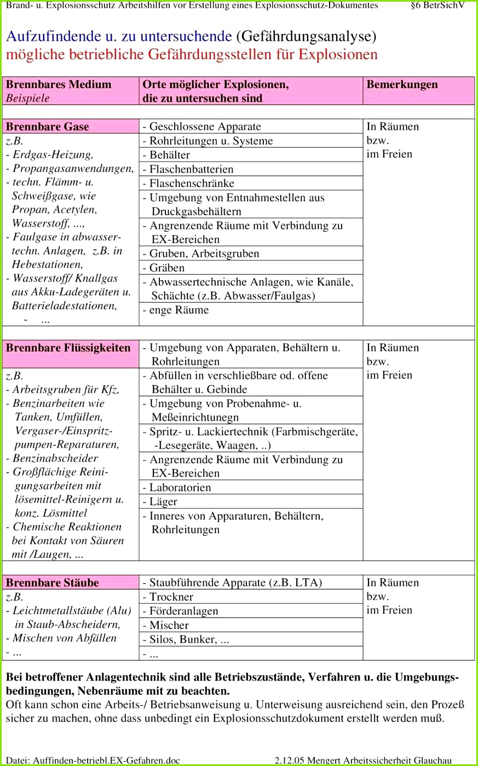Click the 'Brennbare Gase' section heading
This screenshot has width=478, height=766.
coord(48,127)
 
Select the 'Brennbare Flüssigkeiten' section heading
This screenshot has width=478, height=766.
coord(68,348)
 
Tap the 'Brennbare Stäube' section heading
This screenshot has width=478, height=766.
coord(53,583)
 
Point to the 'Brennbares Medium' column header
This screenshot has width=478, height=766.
coord(59,85)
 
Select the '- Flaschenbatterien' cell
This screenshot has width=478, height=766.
coord(188,169)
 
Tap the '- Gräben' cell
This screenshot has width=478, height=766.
coord(164,268)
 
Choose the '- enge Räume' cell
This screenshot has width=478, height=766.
coord(176,310)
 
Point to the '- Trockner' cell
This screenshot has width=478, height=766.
coord(168,597)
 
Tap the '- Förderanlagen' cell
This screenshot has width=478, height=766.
coord(180,611)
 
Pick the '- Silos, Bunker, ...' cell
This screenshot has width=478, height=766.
coord(186,640)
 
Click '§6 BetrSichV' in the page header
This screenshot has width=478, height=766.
coord(437,5)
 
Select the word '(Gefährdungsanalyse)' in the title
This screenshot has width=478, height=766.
coord(307,37)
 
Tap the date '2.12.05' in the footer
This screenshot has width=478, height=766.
coord(289,760)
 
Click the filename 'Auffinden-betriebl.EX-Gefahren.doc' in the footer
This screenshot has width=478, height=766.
coord(106,760)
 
